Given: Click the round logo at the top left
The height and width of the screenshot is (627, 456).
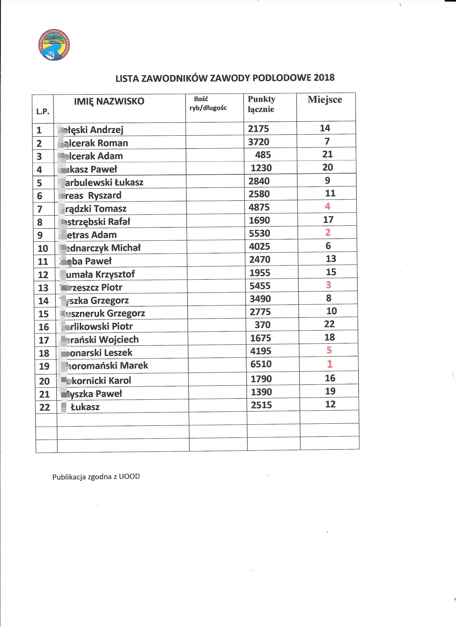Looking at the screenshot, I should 54,45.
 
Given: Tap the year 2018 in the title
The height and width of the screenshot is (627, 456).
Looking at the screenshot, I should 324,78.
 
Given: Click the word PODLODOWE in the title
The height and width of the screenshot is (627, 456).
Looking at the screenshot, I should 281,78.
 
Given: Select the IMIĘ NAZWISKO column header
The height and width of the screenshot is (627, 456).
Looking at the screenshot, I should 109,101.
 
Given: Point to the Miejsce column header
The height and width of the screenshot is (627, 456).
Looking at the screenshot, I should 325,99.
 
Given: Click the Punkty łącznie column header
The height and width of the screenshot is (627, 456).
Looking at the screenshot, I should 261,104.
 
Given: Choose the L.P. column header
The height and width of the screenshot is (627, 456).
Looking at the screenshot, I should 43,112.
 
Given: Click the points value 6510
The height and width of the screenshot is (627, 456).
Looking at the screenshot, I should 261,364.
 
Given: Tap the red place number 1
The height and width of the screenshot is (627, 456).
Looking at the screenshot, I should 330,364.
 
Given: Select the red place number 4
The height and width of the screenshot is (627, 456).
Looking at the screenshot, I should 328,206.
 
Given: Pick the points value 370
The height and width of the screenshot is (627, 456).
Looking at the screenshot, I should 262,324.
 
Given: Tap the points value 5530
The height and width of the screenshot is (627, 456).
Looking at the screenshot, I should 259,233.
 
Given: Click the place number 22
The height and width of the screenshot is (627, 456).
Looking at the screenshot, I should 329,324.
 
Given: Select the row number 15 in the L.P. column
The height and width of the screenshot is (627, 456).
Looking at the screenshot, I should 43,314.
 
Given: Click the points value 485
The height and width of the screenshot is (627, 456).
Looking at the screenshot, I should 263,155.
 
